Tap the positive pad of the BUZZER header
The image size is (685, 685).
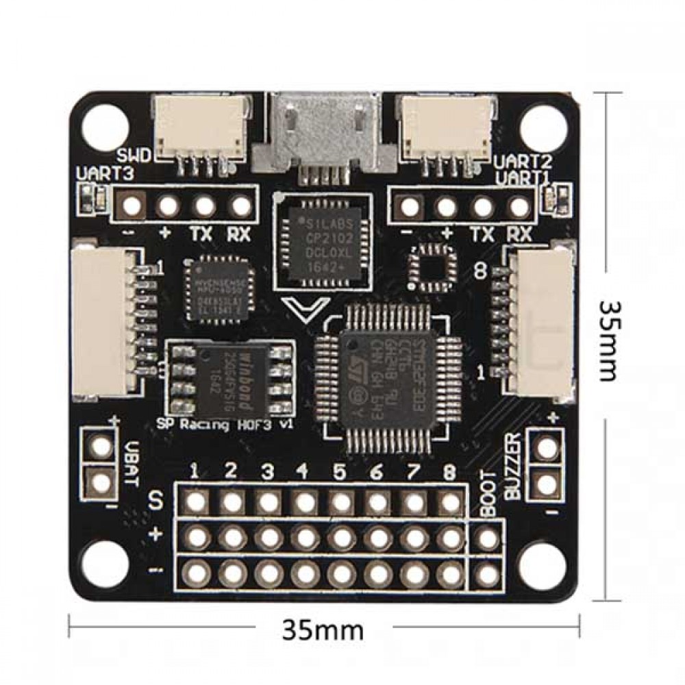[546, 447]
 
